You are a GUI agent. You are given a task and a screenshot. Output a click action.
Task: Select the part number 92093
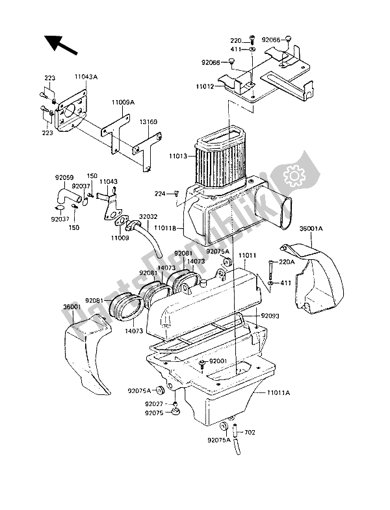coord(270,316)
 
